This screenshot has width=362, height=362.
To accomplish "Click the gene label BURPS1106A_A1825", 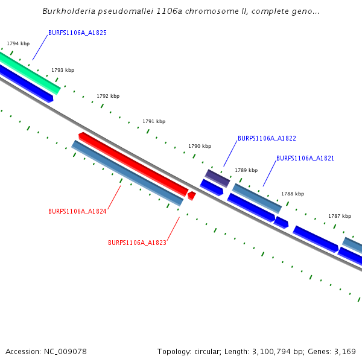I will coord(77,33).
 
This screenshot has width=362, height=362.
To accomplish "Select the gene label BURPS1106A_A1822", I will coord(267,138).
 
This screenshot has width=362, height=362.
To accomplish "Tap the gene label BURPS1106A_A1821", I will coord(305,158).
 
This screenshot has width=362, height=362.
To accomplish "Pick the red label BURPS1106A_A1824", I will coord(77,211).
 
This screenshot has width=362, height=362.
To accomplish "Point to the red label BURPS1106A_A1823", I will coord(137,243).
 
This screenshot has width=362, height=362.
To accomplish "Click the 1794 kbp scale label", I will coord(18,43).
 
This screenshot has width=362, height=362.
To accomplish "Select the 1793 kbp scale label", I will coord(63,70).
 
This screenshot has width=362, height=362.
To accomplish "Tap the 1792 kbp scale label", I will coord(108,96).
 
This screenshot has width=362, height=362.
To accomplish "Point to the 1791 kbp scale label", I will coord(154,121).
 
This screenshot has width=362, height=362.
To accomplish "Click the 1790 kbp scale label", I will coord(200,146).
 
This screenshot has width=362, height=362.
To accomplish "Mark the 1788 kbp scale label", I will coord(293,194).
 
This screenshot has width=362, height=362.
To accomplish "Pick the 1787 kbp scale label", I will coord(340,215).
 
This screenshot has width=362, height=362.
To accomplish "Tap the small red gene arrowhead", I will coord(191,195).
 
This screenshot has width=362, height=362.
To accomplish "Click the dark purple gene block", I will coord(217,178).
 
